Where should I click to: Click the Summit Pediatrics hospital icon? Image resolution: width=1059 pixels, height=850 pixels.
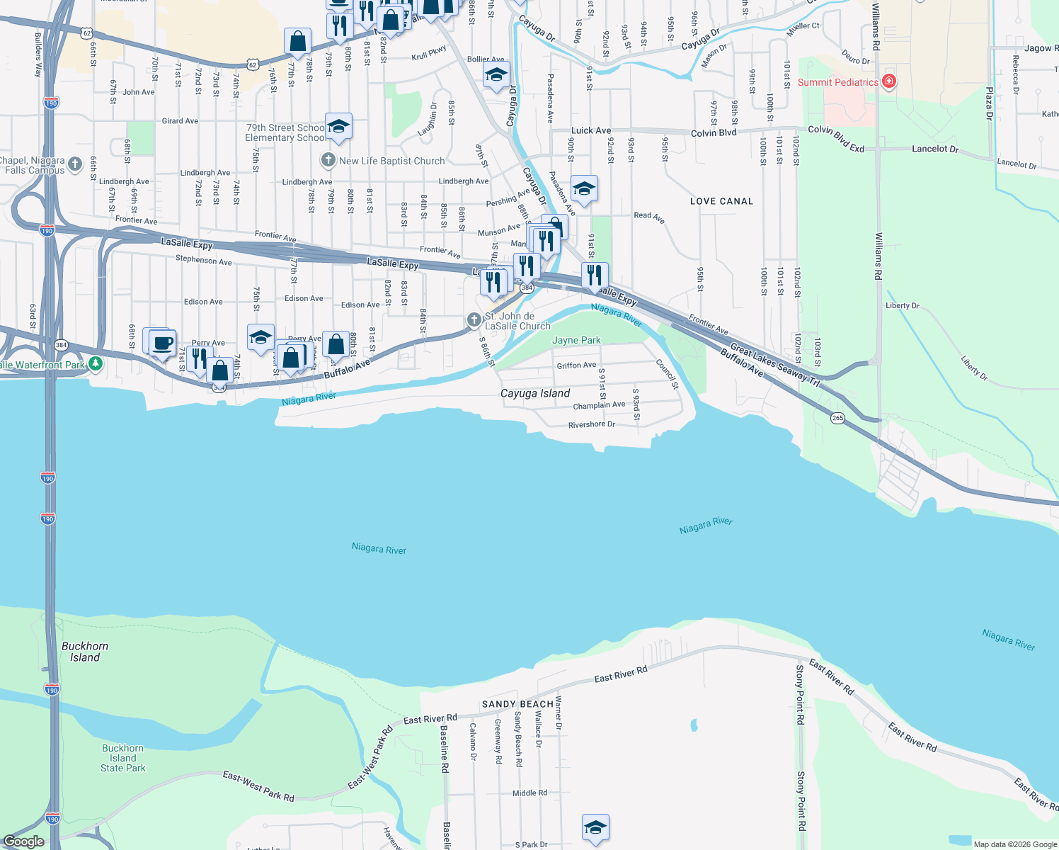coord(889,82)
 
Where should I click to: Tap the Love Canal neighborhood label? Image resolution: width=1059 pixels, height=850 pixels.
coord(721,201)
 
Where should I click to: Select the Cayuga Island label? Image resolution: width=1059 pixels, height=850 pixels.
coord(534,393)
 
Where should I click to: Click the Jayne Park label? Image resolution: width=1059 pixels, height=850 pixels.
coord(576,340)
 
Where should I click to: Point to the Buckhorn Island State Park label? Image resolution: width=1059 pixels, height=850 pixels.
coord(122,758)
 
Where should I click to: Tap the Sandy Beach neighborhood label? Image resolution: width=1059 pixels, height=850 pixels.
coord(517,704)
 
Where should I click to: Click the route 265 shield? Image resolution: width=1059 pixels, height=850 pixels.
coord(837,418)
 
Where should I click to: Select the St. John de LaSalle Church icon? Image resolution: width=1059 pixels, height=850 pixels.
coord(474,320)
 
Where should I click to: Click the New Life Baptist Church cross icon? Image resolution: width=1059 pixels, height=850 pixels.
coord(328,161)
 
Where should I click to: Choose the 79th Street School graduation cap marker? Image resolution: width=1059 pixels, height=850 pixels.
coord(338,127)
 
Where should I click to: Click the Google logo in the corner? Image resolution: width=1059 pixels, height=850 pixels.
coord(23,841)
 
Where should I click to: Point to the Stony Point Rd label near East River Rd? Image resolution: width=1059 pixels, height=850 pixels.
coord(800,694)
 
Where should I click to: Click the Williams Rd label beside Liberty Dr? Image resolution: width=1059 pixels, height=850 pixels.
coord(878,256)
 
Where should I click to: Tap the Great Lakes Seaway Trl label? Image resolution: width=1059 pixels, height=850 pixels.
coord(774,365)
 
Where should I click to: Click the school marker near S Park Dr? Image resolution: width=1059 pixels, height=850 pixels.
coord(595,827)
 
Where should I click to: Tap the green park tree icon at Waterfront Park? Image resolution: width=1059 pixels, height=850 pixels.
coord(95,364)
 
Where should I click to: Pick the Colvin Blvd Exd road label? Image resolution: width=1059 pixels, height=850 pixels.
coord(836,139)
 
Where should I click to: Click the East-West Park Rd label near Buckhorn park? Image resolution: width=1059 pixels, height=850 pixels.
coord(258,786)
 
